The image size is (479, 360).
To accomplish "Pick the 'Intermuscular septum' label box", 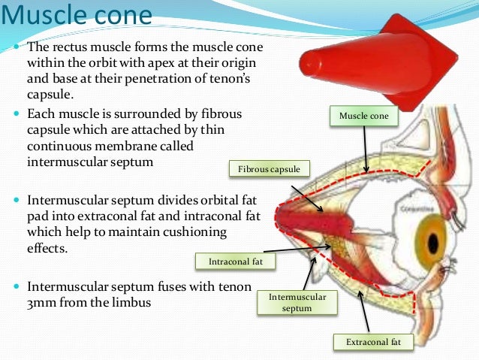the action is (x=297, y=302).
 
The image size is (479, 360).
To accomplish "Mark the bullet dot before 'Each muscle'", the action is (x=17, y=115).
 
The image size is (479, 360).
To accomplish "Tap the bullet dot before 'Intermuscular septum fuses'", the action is (x=17, y=287).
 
